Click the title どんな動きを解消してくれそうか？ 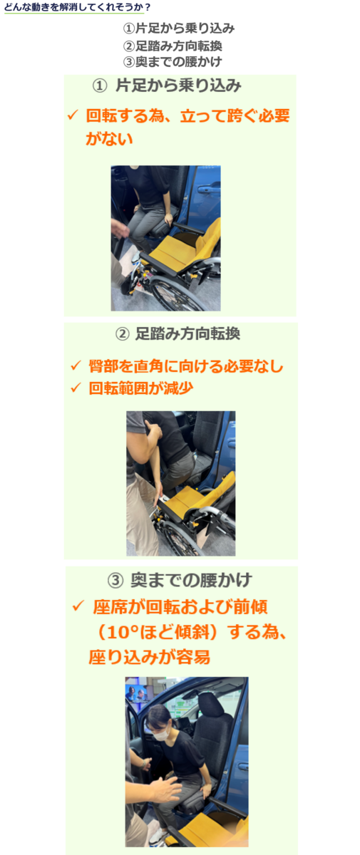coord(77,7)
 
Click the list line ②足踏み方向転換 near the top coord(173,46)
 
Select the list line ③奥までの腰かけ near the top coord(173,61)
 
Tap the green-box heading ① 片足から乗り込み coord(167,85)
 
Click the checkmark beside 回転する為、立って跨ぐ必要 coord(73,115)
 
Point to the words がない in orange coord(109,138)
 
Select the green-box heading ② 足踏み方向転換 coord(178,333)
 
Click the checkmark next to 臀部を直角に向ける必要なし coord(76,366)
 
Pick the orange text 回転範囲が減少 coord(141,388)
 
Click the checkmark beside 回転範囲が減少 coord(76,388)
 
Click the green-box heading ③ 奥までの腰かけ coord(180,580)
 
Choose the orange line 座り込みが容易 coord(149,657)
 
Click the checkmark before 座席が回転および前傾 coord(78,606)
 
